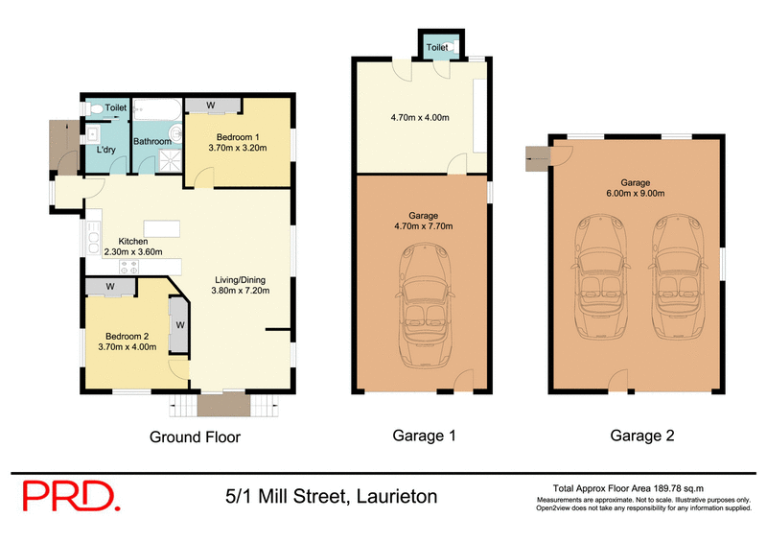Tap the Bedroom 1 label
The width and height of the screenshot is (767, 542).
coord(237,135)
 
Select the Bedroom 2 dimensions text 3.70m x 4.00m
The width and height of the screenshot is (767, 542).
coord(127,347)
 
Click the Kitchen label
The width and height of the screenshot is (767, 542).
coord(133,241)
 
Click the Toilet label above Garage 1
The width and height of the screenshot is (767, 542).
coord(437,46)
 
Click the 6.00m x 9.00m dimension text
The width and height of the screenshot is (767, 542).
coord(635,194)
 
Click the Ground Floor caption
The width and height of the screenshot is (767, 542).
coord(195,436)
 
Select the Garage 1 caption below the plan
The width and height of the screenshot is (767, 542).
coord(424,436)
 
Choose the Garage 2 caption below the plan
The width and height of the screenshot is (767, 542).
coord(642,436)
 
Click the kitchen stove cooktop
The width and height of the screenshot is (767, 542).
coord(128,268)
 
